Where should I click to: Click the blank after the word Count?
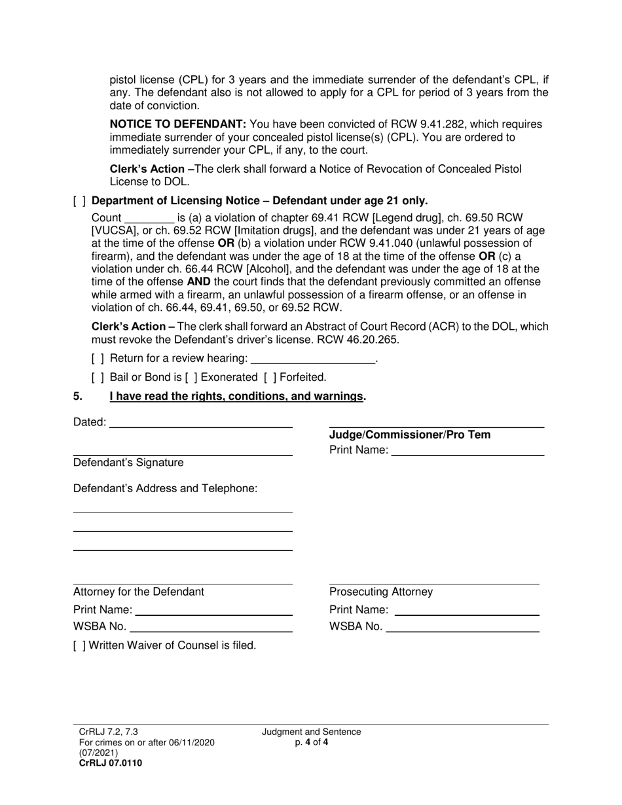click(149, 219)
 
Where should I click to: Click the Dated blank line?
click(201, 423)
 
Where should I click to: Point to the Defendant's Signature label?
click(128, 463)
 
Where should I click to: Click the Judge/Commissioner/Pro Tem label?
click(410, 435)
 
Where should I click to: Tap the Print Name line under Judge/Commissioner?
click(467, 450)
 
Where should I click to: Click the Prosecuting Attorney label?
click(381, 592)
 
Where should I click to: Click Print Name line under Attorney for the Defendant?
click(213, 611)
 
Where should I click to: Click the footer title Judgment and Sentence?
click(312, 732)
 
